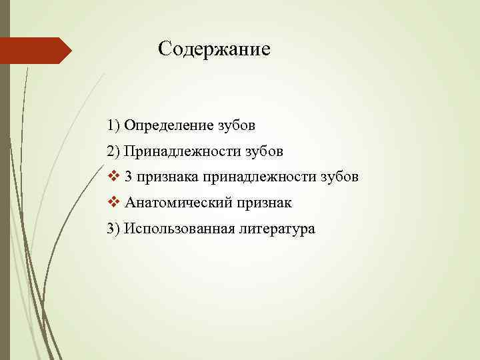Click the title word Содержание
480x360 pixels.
(x=214, y=49)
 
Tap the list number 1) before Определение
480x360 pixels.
(x=113, y=125)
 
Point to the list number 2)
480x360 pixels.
(x=113, y=151)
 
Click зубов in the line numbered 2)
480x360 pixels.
(x=264, y=151)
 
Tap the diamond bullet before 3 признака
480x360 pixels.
(x=112, y=177)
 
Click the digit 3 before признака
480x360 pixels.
(x=128, y=177)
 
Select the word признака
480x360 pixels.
(x=167, y=177)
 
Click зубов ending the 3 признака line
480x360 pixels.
(x=339, y=177)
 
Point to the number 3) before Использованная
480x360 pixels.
(x=113, y=229)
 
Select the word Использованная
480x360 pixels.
(x=177, y=229)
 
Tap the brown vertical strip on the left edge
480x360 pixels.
(x=5, y=200)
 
